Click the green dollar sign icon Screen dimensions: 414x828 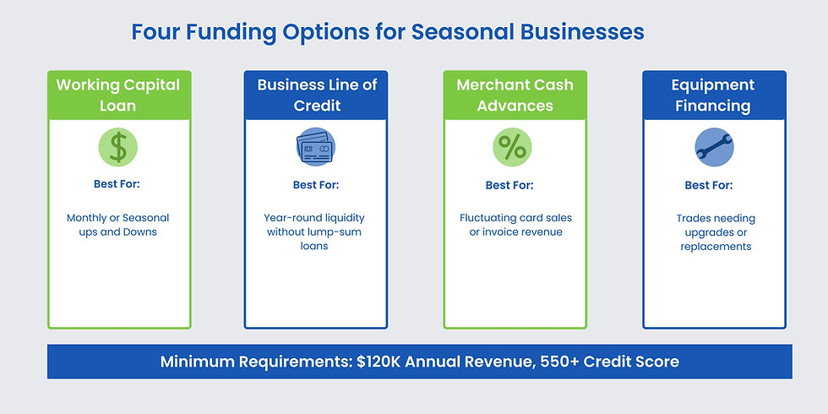click(x=118, y=148)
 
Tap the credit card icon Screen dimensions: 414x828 click(x=315, y=148)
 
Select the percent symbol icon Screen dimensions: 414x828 click(x=512, y=148)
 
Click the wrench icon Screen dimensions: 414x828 click(x=714, y=148)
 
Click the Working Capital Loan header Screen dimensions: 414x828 click(x=118, y=95)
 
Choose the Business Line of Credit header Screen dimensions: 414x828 click(x=316, y=95)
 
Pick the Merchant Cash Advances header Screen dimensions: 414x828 click(x=515, y=95)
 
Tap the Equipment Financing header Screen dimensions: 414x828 click(x=713, y=95)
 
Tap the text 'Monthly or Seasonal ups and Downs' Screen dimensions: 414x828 click(x=118, y=225)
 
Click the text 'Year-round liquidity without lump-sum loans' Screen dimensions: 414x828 click(x=315, y=232)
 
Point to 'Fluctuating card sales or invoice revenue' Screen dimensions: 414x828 click(x=515, y=225)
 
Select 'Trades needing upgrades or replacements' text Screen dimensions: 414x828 click(x=716, y=232)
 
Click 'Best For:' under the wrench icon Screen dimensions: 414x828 click(x=708, y=185)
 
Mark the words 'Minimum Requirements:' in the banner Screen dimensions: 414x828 click(x=256, y=362)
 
